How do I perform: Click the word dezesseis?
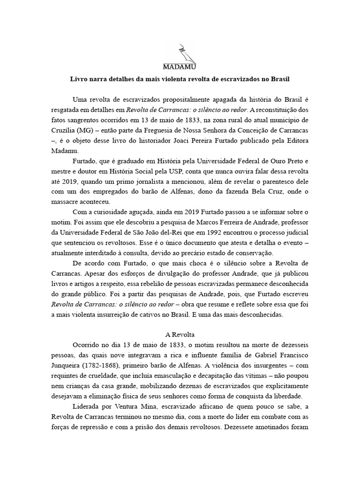tap(290, 345)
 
